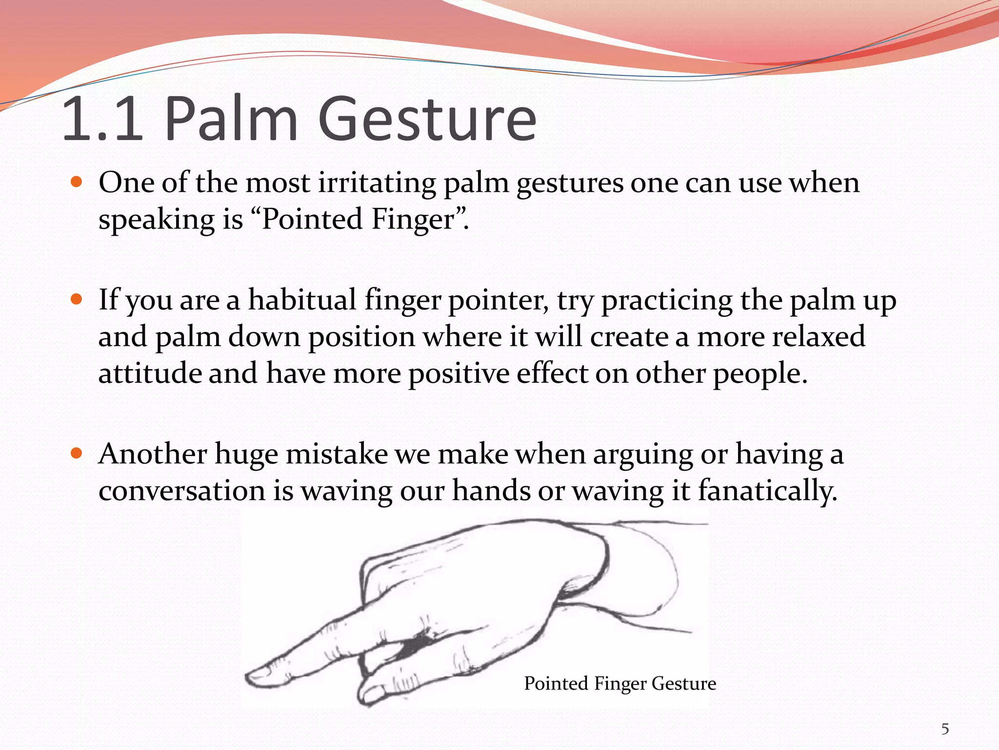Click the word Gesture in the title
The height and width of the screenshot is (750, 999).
pos(427,120)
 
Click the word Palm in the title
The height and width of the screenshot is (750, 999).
pos(231,120)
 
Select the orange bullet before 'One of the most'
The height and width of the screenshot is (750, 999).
pos(77,183)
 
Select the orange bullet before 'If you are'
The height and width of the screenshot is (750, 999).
pos(77,299)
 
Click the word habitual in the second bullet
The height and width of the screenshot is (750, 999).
pos(302,300)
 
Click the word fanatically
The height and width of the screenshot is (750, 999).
pos(767,491)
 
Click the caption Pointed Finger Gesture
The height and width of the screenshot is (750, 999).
pos(619,683)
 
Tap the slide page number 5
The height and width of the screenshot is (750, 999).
pos(945,729)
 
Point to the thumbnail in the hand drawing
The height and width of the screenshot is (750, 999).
pos(372,693)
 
